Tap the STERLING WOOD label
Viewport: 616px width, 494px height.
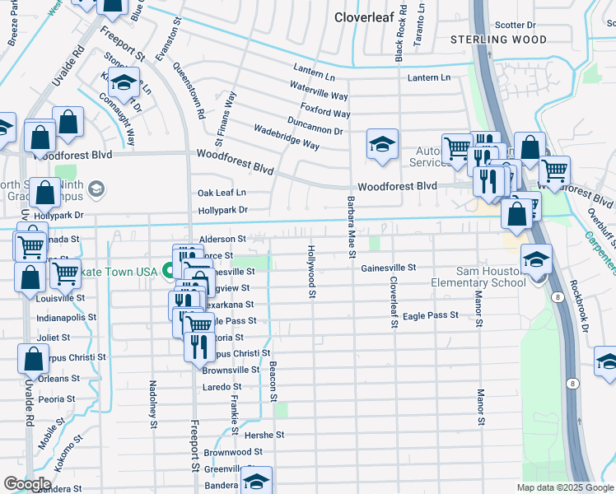(x=498, y=40)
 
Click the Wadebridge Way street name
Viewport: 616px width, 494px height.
(x=286, y=138)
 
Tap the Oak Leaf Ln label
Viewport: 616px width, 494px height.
(x=222, y=193)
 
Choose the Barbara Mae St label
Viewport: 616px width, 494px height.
(x=351, y=226)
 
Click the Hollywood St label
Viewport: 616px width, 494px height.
(x=311, y=270)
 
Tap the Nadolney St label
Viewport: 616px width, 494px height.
(x=153, y=404)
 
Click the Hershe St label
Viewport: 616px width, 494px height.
(x=268, y=434)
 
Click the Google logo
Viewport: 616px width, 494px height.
(x=27, y=484)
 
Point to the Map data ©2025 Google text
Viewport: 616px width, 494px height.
(x=564, y=487)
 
